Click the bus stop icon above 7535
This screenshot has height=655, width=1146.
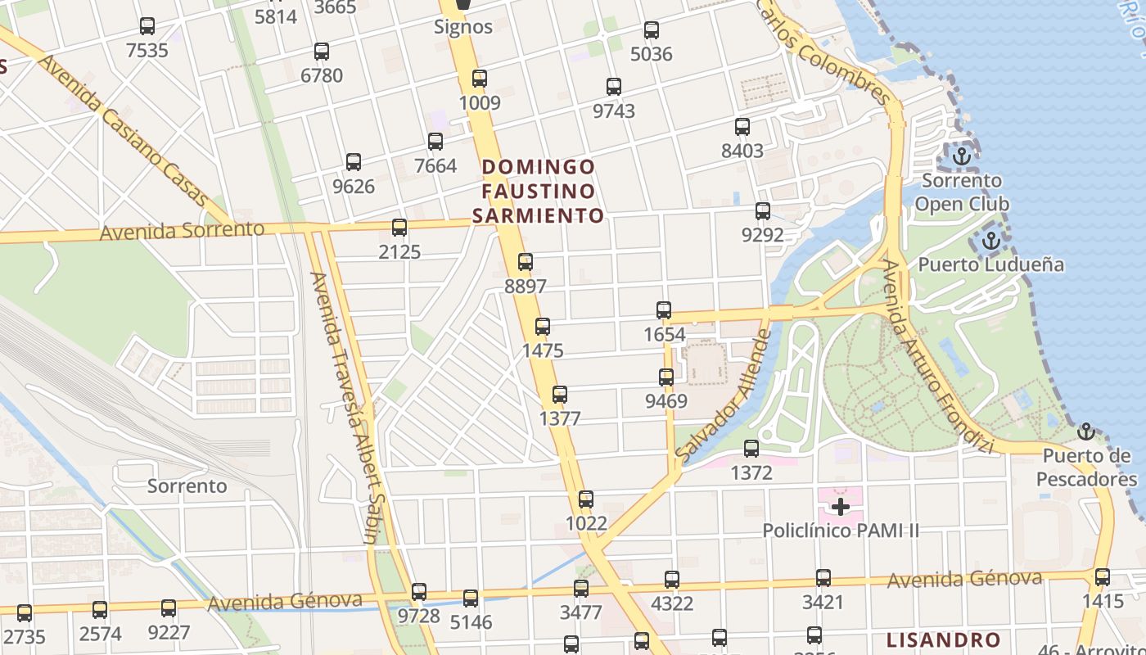click(147, 26)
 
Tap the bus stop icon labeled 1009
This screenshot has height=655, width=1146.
click(480, 79)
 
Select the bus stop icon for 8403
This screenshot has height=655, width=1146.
click(742, 127)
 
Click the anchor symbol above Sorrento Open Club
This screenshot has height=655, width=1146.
click(962, 156)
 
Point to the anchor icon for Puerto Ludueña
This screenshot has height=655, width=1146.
click(991, 241)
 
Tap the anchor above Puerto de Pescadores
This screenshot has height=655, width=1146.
click(1085, 431)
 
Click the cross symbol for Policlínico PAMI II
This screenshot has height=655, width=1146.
click(840, 507)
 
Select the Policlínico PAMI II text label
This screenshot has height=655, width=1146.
click(841, 531)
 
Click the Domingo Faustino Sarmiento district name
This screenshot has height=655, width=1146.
click(538, 191)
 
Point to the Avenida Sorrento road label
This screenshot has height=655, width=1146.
click(182, 231)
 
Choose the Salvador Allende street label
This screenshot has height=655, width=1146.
click(724, 395)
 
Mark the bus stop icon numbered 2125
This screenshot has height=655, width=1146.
click(399, 228)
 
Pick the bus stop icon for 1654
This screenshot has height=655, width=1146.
click(664, 310)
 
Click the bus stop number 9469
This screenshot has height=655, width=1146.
click(666, 401)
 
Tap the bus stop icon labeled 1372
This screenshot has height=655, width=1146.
click(751, 449)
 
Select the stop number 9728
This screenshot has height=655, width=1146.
click(419, 616)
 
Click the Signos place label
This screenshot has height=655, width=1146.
click(463, 26)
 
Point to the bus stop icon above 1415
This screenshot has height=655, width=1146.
click(1103, 577)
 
